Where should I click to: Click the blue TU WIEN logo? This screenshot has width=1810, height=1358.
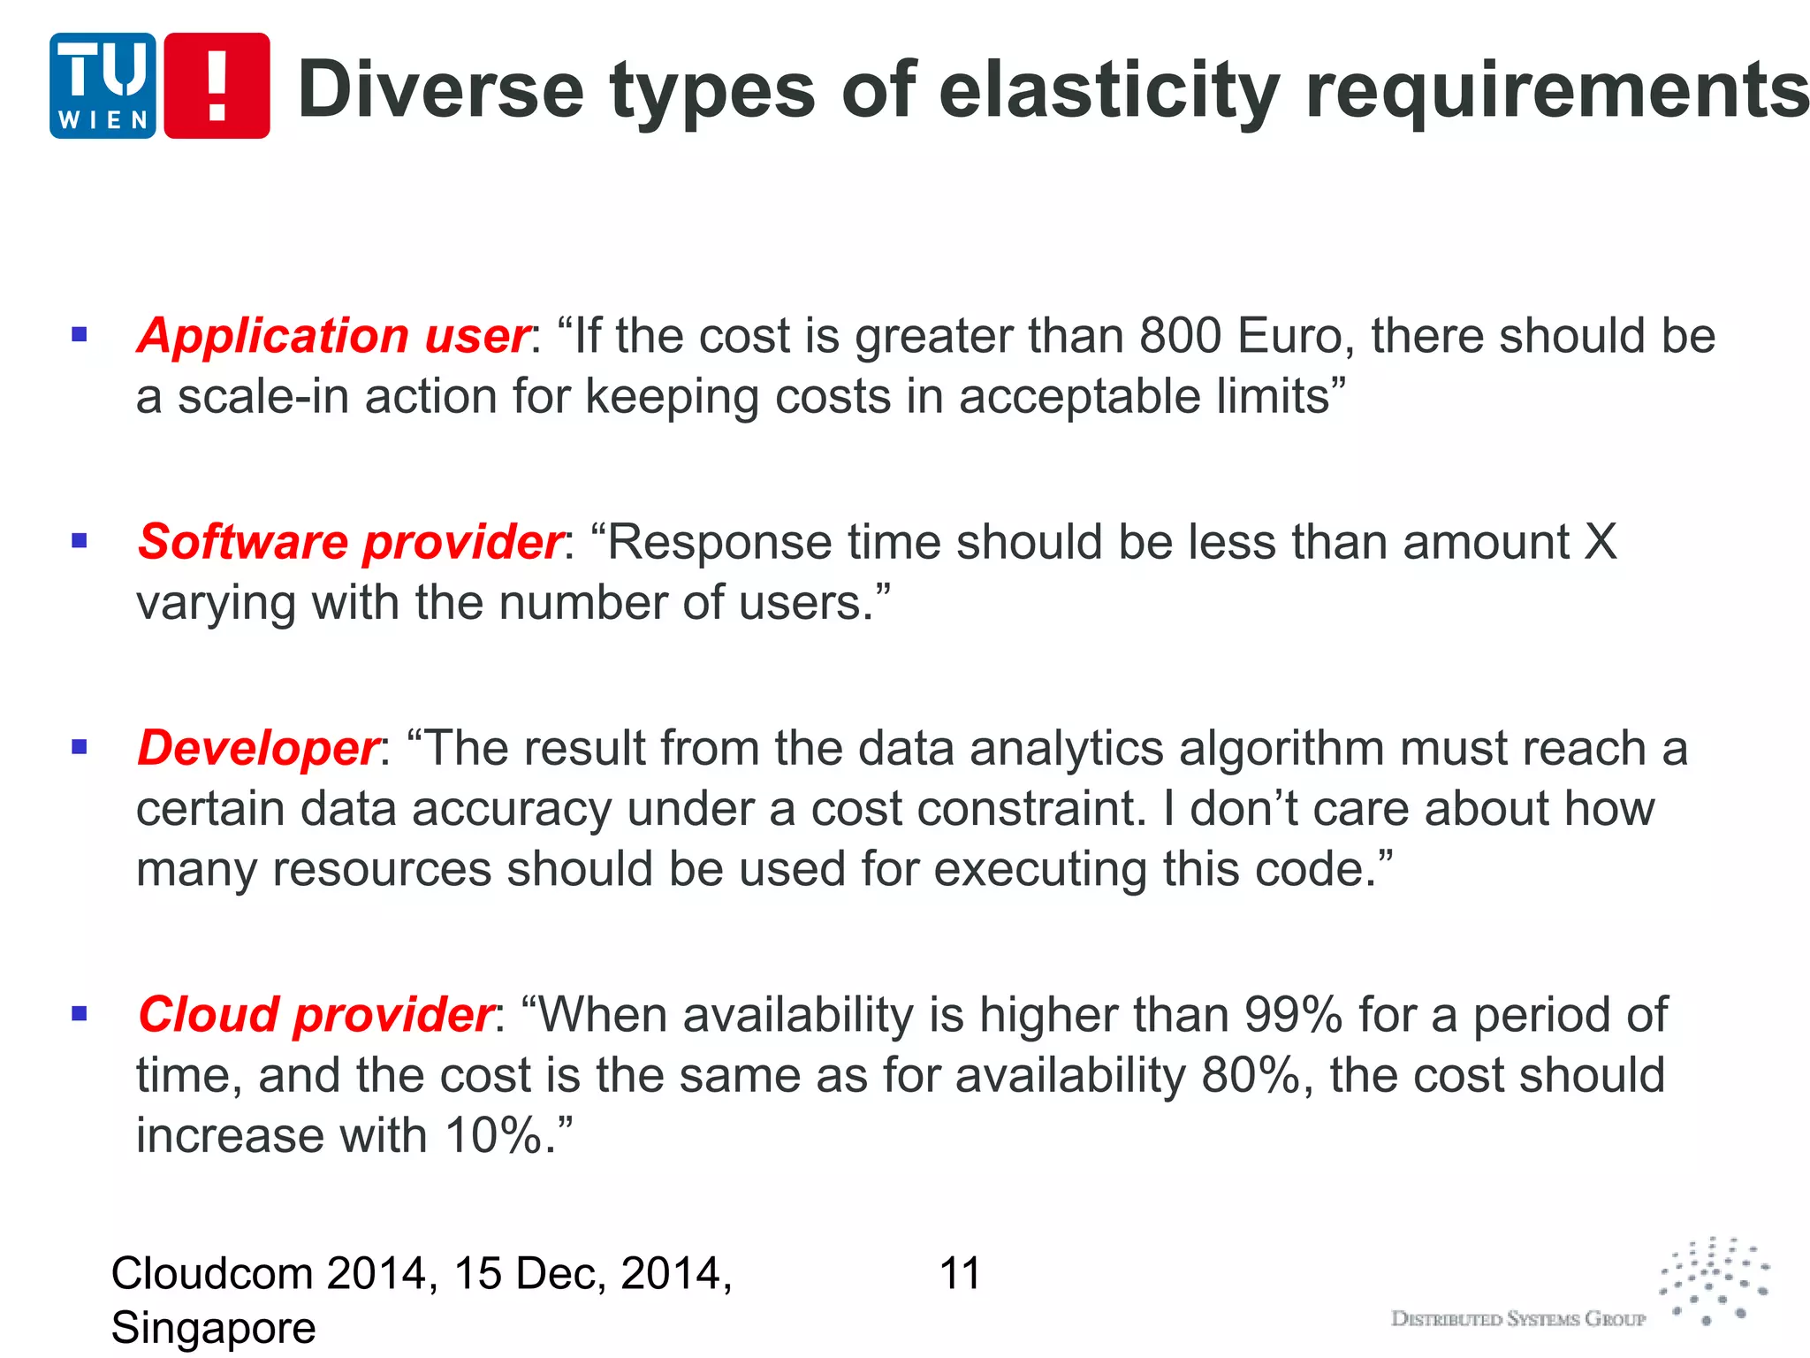point(103,86)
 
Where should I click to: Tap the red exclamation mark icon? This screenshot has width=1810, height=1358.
point(217,86)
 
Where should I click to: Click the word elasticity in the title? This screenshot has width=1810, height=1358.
point(1109,91)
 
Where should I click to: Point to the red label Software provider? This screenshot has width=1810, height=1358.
point(351,542)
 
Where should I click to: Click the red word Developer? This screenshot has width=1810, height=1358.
point(258,748)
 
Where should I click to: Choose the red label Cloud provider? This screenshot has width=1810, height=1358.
point(316,1014)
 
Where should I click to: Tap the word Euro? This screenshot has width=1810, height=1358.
point(1296,337)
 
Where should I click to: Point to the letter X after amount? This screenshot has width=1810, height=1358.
point(1600,542)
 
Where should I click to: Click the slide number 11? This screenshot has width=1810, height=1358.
point(960,1274)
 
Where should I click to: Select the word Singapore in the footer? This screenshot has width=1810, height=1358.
point(213,1328)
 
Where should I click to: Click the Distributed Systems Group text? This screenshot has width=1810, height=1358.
point(1517,1319)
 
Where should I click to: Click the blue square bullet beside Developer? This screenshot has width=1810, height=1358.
point(80,747)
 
